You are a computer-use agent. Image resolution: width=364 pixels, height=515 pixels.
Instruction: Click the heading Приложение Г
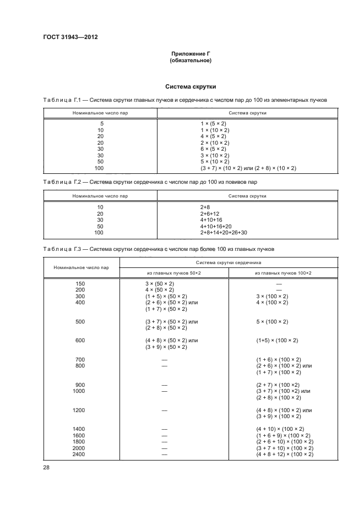coord(191,54)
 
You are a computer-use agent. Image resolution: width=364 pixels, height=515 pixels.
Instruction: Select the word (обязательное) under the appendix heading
coord(191,61)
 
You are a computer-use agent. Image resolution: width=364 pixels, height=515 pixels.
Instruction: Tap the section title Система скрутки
coord(191,87)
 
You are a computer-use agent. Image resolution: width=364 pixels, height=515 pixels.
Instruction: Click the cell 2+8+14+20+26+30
coord(224,233)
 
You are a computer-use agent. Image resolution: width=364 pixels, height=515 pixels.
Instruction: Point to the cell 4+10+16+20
coord(216,226)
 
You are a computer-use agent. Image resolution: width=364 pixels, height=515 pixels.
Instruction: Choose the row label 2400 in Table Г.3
coord(81,454)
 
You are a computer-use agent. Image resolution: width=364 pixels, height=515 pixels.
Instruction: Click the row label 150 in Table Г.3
coord(81,283)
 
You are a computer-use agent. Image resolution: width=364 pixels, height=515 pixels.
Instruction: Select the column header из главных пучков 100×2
coord(283,273)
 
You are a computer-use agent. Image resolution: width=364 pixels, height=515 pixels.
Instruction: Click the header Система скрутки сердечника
coord(228,262)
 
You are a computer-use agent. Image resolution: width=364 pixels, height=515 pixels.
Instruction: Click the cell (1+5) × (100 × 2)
coord(277,341)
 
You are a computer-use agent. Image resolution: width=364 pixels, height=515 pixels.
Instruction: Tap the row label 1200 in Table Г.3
coord(81,410)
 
